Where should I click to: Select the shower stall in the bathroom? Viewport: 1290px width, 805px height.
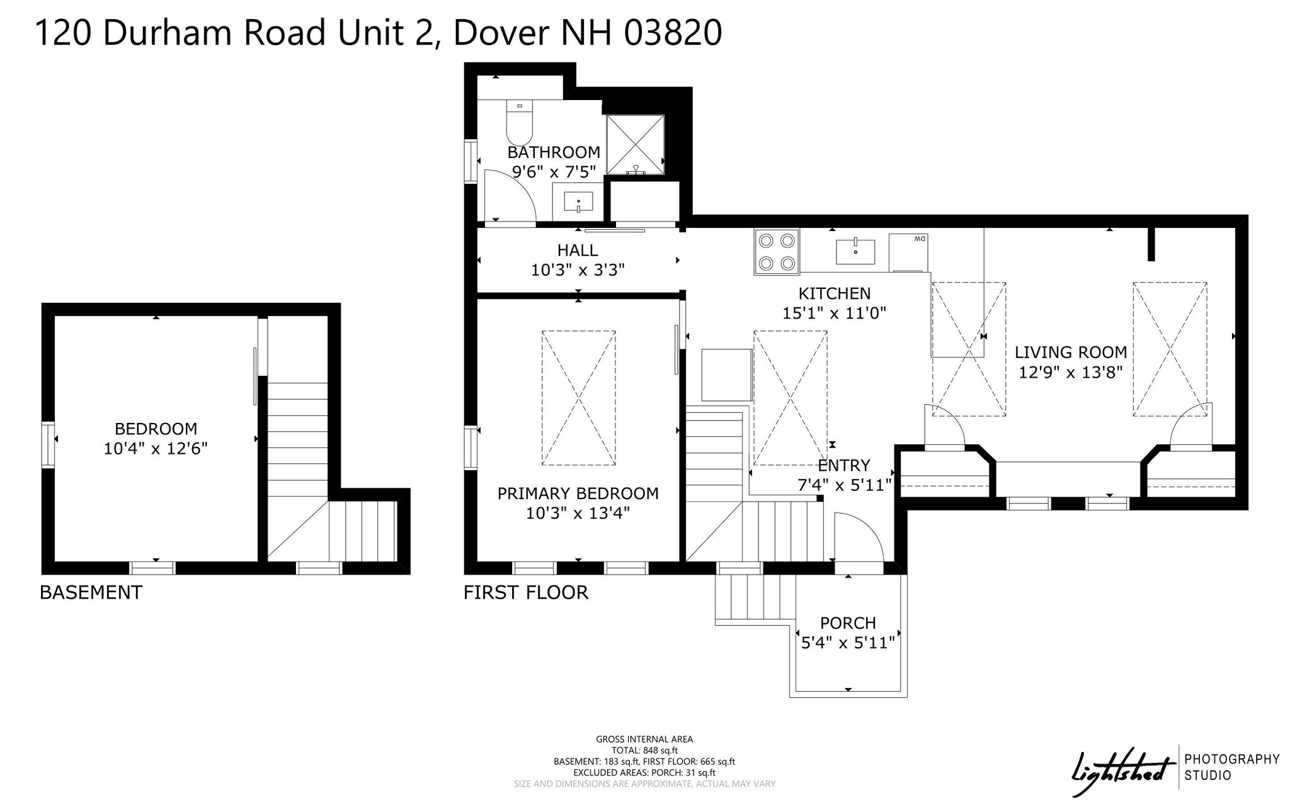coord(635,145)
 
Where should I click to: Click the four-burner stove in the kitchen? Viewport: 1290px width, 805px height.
coord(777,252)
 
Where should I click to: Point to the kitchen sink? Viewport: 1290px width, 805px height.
coord(855,252)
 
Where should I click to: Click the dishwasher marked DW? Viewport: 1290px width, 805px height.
coord(908,252)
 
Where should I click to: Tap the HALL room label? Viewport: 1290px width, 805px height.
coord(578,251)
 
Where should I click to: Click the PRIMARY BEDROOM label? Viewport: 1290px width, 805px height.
coord(578,493)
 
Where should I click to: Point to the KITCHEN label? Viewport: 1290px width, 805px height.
coord(835,293)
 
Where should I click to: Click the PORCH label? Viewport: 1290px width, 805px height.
coord(848,623)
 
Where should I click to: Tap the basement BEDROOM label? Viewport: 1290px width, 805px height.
coord(156,429)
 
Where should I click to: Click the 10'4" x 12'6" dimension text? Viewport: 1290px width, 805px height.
coord(156,449)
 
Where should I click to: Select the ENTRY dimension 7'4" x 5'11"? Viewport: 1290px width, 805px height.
coord(844,485)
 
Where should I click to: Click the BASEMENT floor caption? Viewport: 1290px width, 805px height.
coord(91,593)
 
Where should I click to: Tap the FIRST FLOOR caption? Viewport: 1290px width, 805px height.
coord(526,593)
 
